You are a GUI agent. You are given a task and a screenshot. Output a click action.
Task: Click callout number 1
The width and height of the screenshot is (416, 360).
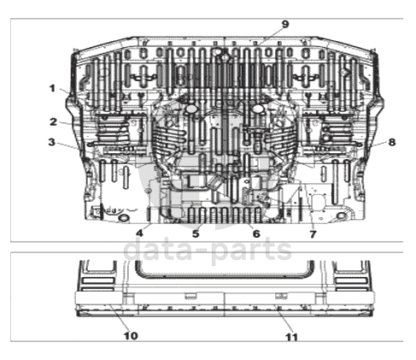52,88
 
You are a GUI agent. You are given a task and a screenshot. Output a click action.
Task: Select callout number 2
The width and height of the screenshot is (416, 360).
53,122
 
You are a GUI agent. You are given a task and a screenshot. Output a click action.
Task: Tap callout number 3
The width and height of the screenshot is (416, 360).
51,142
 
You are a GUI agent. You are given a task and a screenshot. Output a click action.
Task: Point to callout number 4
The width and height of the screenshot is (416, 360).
139,233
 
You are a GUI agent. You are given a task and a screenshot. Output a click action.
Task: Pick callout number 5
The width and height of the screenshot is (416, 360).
196,233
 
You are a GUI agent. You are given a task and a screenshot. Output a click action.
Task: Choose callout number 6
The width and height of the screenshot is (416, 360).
256,233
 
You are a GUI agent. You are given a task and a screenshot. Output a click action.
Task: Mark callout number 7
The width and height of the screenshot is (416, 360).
313,234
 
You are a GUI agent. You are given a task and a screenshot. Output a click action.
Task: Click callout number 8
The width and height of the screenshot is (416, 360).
392,142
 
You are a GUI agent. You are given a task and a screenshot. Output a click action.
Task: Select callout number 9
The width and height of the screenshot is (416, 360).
285,24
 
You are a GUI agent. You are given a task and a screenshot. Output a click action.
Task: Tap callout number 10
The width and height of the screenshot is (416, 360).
131,336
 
